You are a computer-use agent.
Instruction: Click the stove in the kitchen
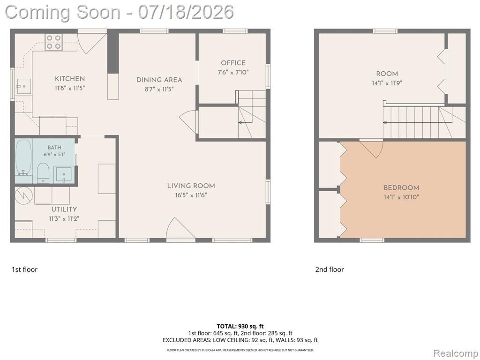click(x=54, y=42)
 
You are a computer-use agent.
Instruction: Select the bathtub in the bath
click(x=23, y=157)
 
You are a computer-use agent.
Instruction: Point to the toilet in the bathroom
click(x=43, y=173)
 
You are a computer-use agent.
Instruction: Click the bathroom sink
click(x=64, y=174)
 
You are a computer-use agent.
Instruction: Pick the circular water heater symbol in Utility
click(x=23, y=195)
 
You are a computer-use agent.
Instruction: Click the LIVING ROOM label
click(x=191, y=186)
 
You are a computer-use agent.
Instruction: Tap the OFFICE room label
click(x=233, y=63)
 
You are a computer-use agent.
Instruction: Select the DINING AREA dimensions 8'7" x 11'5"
click(x=159, y=90)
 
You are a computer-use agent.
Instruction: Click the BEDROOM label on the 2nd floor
click(x=401, y=187)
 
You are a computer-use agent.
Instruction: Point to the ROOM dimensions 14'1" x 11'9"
click(x=387, y=83)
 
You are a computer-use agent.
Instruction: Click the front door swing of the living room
click(x=180, y=228)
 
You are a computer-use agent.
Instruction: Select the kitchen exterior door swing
click(x=91, y=42)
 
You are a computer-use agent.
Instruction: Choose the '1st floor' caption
click(x=24, y=270)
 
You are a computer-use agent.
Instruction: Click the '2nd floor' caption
click(x=330, y=270)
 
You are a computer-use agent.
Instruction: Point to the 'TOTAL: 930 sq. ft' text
click(x=240, y=326)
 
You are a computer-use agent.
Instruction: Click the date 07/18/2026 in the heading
click(x=186, y=12)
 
